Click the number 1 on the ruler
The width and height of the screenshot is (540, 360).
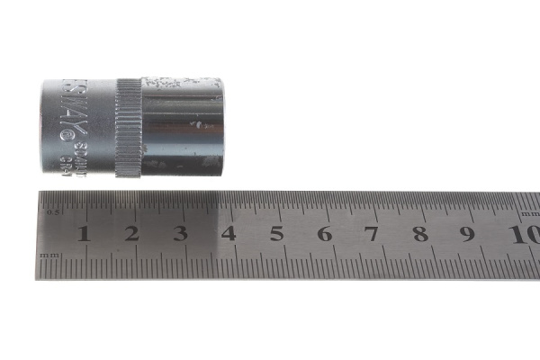point(84,234)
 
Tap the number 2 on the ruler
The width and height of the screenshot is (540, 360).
point(131,234)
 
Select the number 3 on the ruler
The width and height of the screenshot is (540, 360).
point(180,234)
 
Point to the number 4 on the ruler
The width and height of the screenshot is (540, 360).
point(229,234)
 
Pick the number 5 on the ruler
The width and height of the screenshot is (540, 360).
point(276,234)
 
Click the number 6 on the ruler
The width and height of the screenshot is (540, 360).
point(324,234)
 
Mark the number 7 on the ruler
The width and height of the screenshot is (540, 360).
point(372,234)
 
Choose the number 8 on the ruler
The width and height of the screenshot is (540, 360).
point(419,234)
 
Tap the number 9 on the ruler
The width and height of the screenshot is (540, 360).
point(467,234)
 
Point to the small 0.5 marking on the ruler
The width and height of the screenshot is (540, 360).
point(52,213)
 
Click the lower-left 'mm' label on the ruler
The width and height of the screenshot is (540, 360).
point(50,256)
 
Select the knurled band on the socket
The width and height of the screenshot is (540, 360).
point(130,128)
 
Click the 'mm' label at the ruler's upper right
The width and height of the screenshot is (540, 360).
point(529,213)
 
